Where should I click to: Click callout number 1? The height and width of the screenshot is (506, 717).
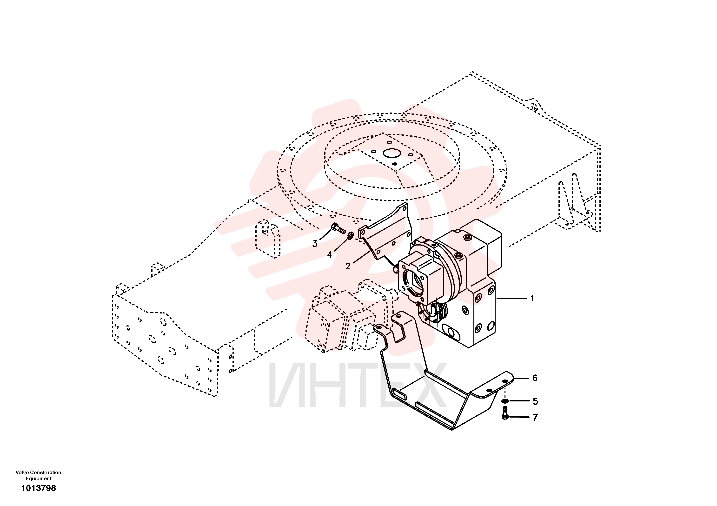click(x=532, y=298)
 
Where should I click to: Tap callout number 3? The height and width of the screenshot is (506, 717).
click(x=315, y=244)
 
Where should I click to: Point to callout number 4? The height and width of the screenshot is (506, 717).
click(x=329, y=255)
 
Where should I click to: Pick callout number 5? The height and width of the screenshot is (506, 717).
click(x=535, y=401)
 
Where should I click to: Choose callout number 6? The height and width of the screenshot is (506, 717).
click(x=535, y=378)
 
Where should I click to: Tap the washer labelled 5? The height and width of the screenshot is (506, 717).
click(x=505, y=401)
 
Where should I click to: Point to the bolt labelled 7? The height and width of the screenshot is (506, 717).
click(x=505, y=413)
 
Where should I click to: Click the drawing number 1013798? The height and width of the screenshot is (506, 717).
click(x=38, y=488)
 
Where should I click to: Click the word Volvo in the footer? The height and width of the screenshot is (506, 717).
click(x=22, y=473)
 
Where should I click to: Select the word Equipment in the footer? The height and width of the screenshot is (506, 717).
click(x=39, y=479)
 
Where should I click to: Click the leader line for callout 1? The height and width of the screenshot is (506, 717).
click(x=511, y=299)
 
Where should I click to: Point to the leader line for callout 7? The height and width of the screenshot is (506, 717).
click(x=519, y=417)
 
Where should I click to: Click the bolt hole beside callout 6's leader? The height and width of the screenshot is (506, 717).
click(x=505, y=381)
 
